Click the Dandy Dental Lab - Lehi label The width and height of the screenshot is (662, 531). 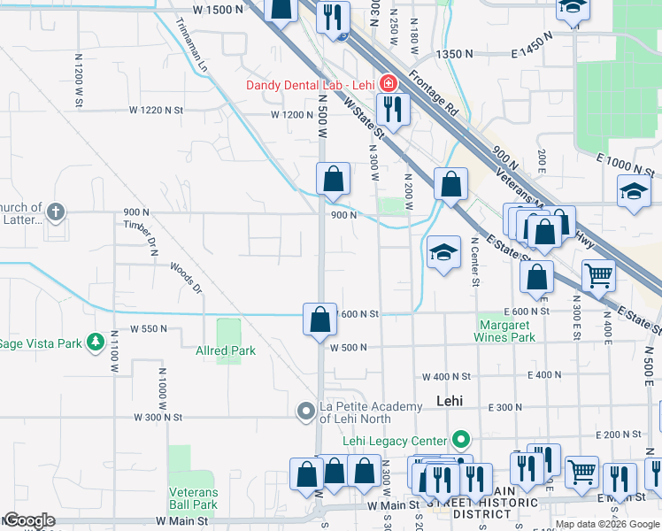pyautogui.click(x=310, y=85)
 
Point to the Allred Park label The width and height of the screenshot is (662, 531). pyautogui.click(x=226, y=350)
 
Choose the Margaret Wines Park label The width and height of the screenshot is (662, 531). pyautogui.click(x=507, y=331)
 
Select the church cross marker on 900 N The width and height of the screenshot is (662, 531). pyautogui.click(x=56, y=212)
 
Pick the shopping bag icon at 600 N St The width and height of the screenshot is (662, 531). pyautogui.click(x=319, y=319)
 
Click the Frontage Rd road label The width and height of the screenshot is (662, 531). pyautogui.click(x=440, y=97)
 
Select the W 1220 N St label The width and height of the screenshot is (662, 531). pyautogui.click(x=155, y=111)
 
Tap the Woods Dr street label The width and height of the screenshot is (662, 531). pyautogui.click(x=186, y=276)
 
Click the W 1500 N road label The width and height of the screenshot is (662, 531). pyautogui.click(x=217, y=9)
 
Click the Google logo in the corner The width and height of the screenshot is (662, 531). pyautogui.click(x=28, y=520)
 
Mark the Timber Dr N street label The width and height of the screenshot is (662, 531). pyautogui.click(x=140, y=238)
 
